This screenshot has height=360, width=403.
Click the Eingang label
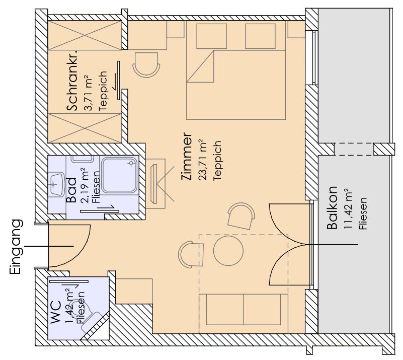pyautogui.click(x=15, y=247)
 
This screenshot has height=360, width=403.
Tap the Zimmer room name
pyautogui.click(x=187, y=157)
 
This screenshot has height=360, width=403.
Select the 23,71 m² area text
pyautogui.click(x=202, y=160)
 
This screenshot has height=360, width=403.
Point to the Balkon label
pyautogui.click(x=332, y=208)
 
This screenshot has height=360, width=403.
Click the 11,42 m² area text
pyautogui.click(x=348, y=208)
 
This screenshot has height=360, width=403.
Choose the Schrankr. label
pyautogui.click(x=72, y=81)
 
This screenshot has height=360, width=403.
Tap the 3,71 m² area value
pyautogui.click(x=88, y=93)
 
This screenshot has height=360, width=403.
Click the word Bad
pyautogui.click(x=71, y=190)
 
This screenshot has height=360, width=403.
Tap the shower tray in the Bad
pyautogui.click(x=120, y=175)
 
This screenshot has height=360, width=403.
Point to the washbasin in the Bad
pyautogui.click(x=56, y=184)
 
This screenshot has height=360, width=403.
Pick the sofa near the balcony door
pyautogui.click(x=244, y=309)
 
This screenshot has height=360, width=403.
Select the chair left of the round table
pyautogui.click(x=191, y=255)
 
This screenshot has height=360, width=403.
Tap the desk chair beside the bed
pyautogui.click(x=146, y=64)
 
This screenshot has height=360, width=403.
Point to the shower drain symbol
pyautogui.click(x=132, y=163)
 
